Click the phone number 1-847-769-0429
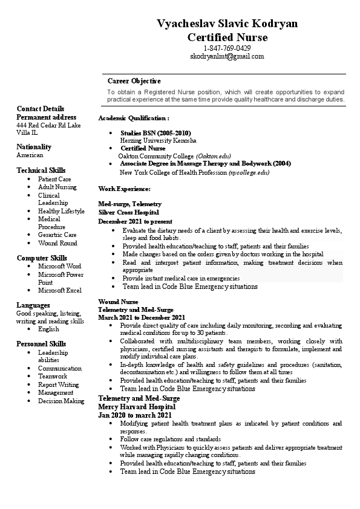coord(227,48)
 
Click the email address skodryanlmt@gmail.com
coord(227,56)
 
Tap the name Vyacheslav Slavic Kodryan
coord(227,24)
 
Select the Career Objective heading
coord(134,80)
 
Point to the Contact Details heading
coord(40,109)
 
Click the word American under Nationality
coord(30,155)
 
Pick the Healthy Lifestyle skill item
coord(61,211)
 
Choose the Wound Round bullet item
coord(57,243)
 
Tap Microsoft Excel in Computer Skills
coord(59,290)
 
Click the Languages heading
coord(33,305)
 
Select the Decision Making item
coord(61,401)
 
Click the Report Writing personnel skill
coord(58,384)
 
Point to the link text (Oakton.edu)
coord(214,155)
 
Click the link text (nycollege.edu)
coord(249,172)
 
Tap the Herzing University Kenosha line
coord(158,140)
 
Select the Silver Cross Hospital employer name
coord(128,213)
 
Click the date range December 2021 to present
coord(135,221)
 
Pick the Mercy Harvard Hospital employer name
coord(133,407)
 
